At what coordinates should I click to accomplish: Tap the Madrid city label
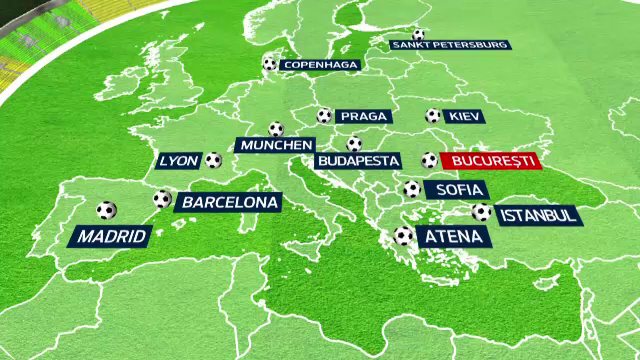(111, 237)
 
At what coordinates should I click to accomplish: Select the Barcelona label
(227, 202)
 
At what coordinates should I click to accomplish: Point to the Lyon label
(179, 160)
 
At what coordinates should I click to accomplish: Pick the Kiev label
(464, 116)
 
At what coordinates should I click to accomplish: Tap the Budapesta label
(358, 160)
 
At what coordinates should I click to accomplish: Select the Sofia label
(455, 189)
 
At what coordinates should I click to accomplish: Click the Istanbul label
(537, 215)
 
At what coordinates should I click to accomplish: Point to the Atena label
(453, 237)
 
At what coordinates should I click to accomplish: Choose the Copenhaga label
(318, 65)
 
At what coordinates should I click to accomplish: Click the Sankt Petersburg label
(450, 45)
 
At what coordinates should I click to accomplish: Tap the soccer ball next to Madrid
(106, 211)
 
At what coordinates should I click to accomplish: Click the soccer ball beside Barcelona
(162, 199)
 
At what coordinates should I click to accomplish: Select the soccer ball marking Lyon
(213, 159)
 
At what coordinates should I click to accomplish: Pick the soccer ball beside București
(429, 160)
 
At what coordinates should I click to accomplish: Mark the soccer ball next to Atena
(404, 236)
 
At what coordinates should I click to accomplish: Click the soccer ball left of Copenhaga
(269, 64)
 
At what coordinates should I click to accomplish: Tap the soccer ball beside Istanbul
(481, 212)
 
